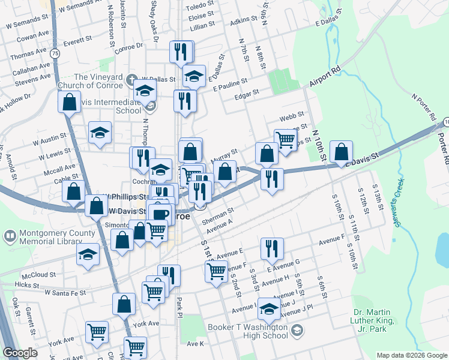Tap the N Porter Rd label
[x=423, y=106]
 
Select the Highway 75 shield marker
[x=55, y=53]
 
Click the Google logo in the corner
[x=20, y=353]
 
